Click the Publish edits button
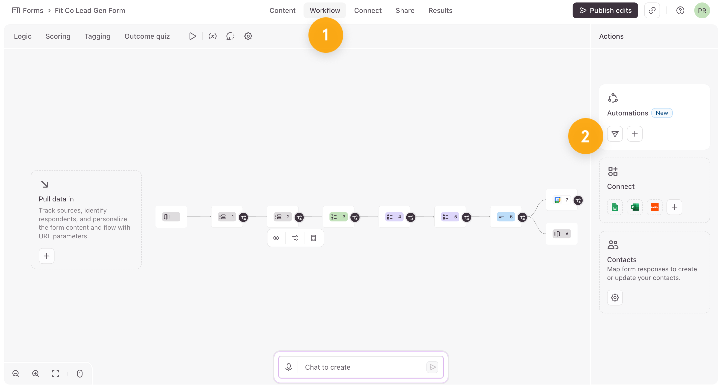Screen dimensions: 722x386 pos(605,10)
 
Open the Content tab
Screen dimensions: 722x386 pos(282,10)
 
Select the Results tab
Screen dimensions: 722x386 pos(440,10)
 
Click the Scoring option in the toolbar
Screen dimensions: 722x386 pos(58,36)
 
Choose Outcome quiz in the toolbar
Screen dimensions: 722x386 pos(147,36)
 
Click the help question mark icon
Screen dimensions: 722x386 pos(680,10)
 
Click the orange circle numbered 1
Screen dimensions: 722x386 pos(325,35)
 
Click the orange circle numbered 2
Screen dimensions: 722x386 pos(585,136)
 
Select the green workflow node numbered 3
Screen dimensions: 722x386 pos(338,217)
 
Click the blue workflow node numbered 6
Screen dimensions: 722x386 pos(506,217)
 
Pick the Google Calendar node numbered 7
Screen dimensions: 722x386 pos(561,200)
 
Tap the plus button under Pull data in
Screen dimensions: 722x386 pos(47,256)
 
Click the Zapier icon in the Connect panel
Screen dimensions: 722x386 pos(654,207)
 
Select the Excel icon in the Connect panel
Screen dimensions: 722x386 pos(635,207)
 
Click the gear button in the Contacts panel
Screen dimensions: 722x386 pos(615,297)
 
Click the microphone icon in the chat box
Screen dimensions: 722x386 pos(288,367)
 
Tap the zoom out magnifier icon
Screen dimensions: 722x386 pos(16,373)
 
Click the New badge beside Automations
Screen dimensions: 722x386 pos(662,113)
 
